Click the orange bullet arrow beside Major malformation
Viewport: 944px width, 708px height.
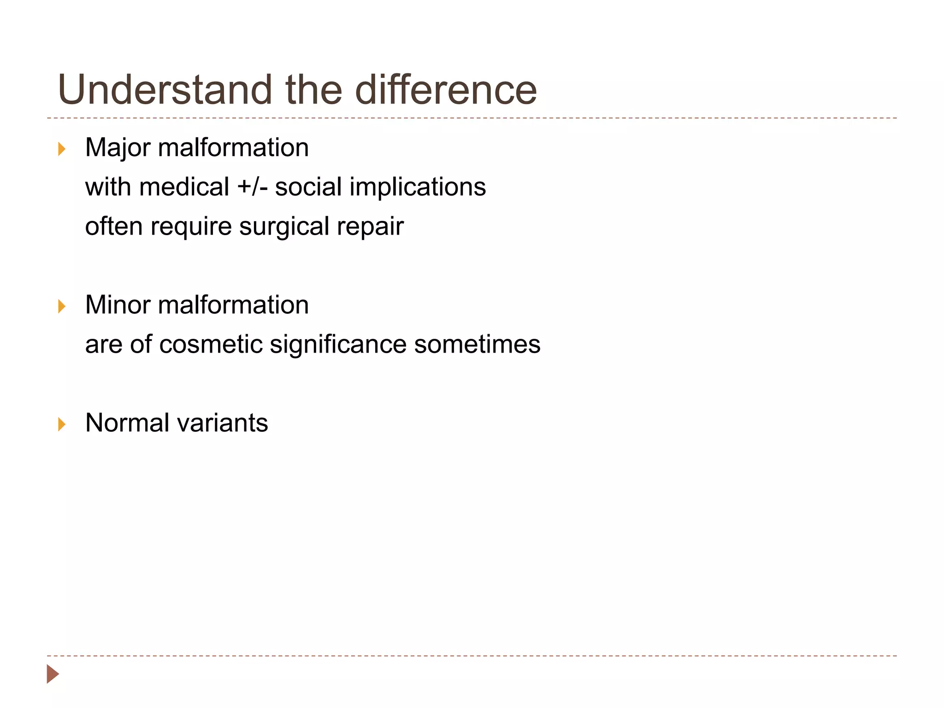61,149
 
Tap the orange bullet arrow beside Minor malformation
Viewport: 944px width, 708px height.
61,306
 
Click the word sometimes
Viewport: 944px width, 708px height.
477,344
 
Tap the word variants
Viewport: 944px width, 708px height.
222,423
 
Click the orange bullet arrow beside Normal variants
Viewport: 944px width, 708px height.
61,424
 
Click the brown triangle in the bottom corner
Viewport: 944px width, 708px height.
53,674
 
